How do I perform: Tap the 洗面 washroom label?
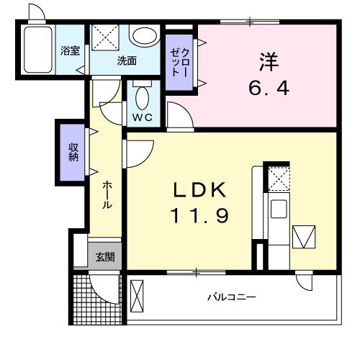point(127,61)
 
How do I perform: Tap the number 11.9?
point(199,215)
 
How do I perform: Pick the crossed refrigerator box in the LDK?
point(277,179)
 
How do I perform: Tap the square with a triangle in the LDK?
point(304,236)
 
